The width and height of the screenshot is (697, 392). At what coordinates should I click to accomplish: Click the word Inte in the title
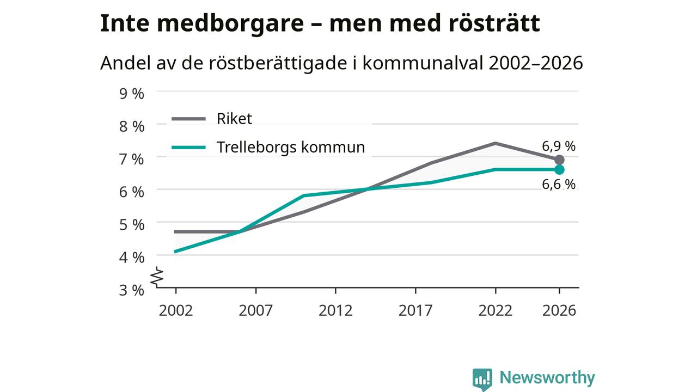pyautogui.click(x=125, y=23)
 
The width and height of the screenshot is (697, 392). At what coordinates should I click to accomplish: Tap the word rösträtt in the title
pyautogui.click(x=494, y=23)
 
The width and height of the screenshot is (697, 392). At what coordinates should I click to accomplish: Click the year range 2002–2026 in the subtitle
pyautogui.click(x=535, y=63)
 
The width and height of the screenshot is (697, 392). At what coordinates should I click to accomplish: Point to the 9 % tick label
pyautogui.click(x=132, y=94)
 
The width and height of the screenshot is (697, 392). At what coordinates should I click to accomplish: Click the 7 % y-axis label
pyautogui.click(x=132, y=160)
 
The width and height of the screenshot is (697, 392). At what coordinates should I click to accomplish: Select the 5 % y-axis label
pyautogui.click(x=132, y=225)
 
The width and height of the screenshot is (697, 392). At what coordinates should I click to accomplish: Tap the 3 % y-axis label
pyautogui.click(x=132, y=290)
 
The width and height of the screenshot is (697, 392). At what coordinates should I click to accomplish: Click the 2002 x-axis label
pyautogui.click(x=176, y=310)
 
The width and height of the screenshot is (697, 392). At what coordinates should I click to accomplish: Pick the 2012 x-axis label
pyautogui.click(x=335, y=310)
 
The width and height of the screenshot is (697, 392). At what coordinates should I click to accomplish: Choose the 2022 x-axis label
pyautogui.click(x=495, y=310)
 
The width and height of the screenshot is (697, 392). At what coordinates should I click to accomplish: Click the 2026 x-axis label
pyautogui.click(x=559, y=310)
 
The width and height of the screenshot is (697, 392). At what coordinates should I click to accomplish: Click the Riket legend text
pyautogui.click(x=234, y=119)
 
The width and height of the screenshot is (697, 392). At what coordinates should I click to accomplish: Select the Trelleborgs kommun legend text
pyautogui.click(x=291, y=147)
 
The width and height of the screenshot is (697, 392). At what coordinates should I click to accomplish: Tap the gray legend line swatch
pyautogui.click(x=188, y=119)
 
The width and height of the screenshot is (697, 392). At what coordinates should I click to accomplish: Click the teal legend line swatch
pyautogui.click(x=188, y=148)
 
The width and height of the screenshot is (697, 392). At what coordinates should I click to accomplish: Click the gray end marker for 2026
pyautogui.click(x=559, y=160)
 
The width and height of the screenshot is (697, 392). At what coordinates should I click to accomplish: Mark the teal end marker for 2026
pyautogui.click(x=559, y=169)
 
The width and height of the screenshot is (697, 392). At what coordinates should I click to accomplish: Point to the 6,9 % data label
pyautogui.click(x=559, y=146)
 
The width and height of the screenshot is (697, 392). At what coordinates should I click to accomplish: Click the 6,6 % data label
pyautogui.click(x=559, y=185)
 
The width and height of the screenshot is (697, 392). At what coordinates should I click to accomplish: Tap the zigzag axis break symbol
pyautogui.click(x=157, y=276)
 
